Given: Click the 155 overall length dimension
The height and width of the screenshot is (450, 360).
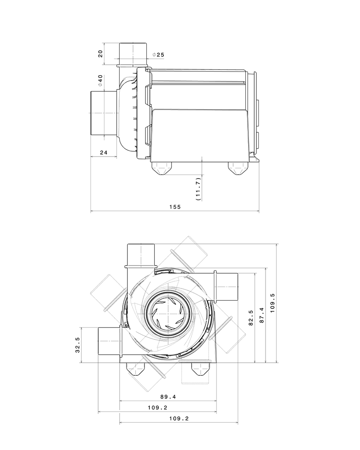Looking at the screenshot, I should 175,207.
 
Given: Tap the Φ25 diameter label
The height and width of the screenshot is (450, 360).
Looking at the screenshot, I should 158,55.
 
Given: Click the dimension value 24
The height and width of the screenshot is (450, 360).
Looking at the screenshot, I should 103,153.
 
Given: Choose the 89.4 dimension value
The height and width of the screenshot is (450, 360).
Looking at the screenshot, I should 167,397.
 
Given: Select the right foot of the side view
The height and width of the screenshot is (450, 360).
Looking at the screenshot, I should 237,169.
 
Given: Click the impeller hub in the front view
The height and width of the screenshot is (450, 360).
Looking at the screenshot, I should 167,313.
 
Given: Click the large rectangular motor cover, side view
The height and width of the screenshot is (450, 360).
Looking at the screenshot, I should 200,133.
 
